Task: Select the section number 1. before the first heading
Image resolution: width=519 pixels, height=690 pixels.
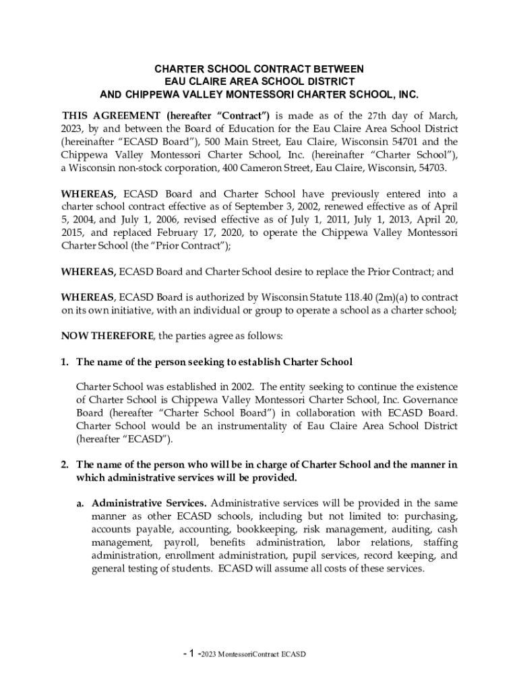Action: point(65,362)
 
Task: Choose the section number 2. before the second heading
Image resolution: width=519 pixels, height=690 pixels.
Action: point(65,465)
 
